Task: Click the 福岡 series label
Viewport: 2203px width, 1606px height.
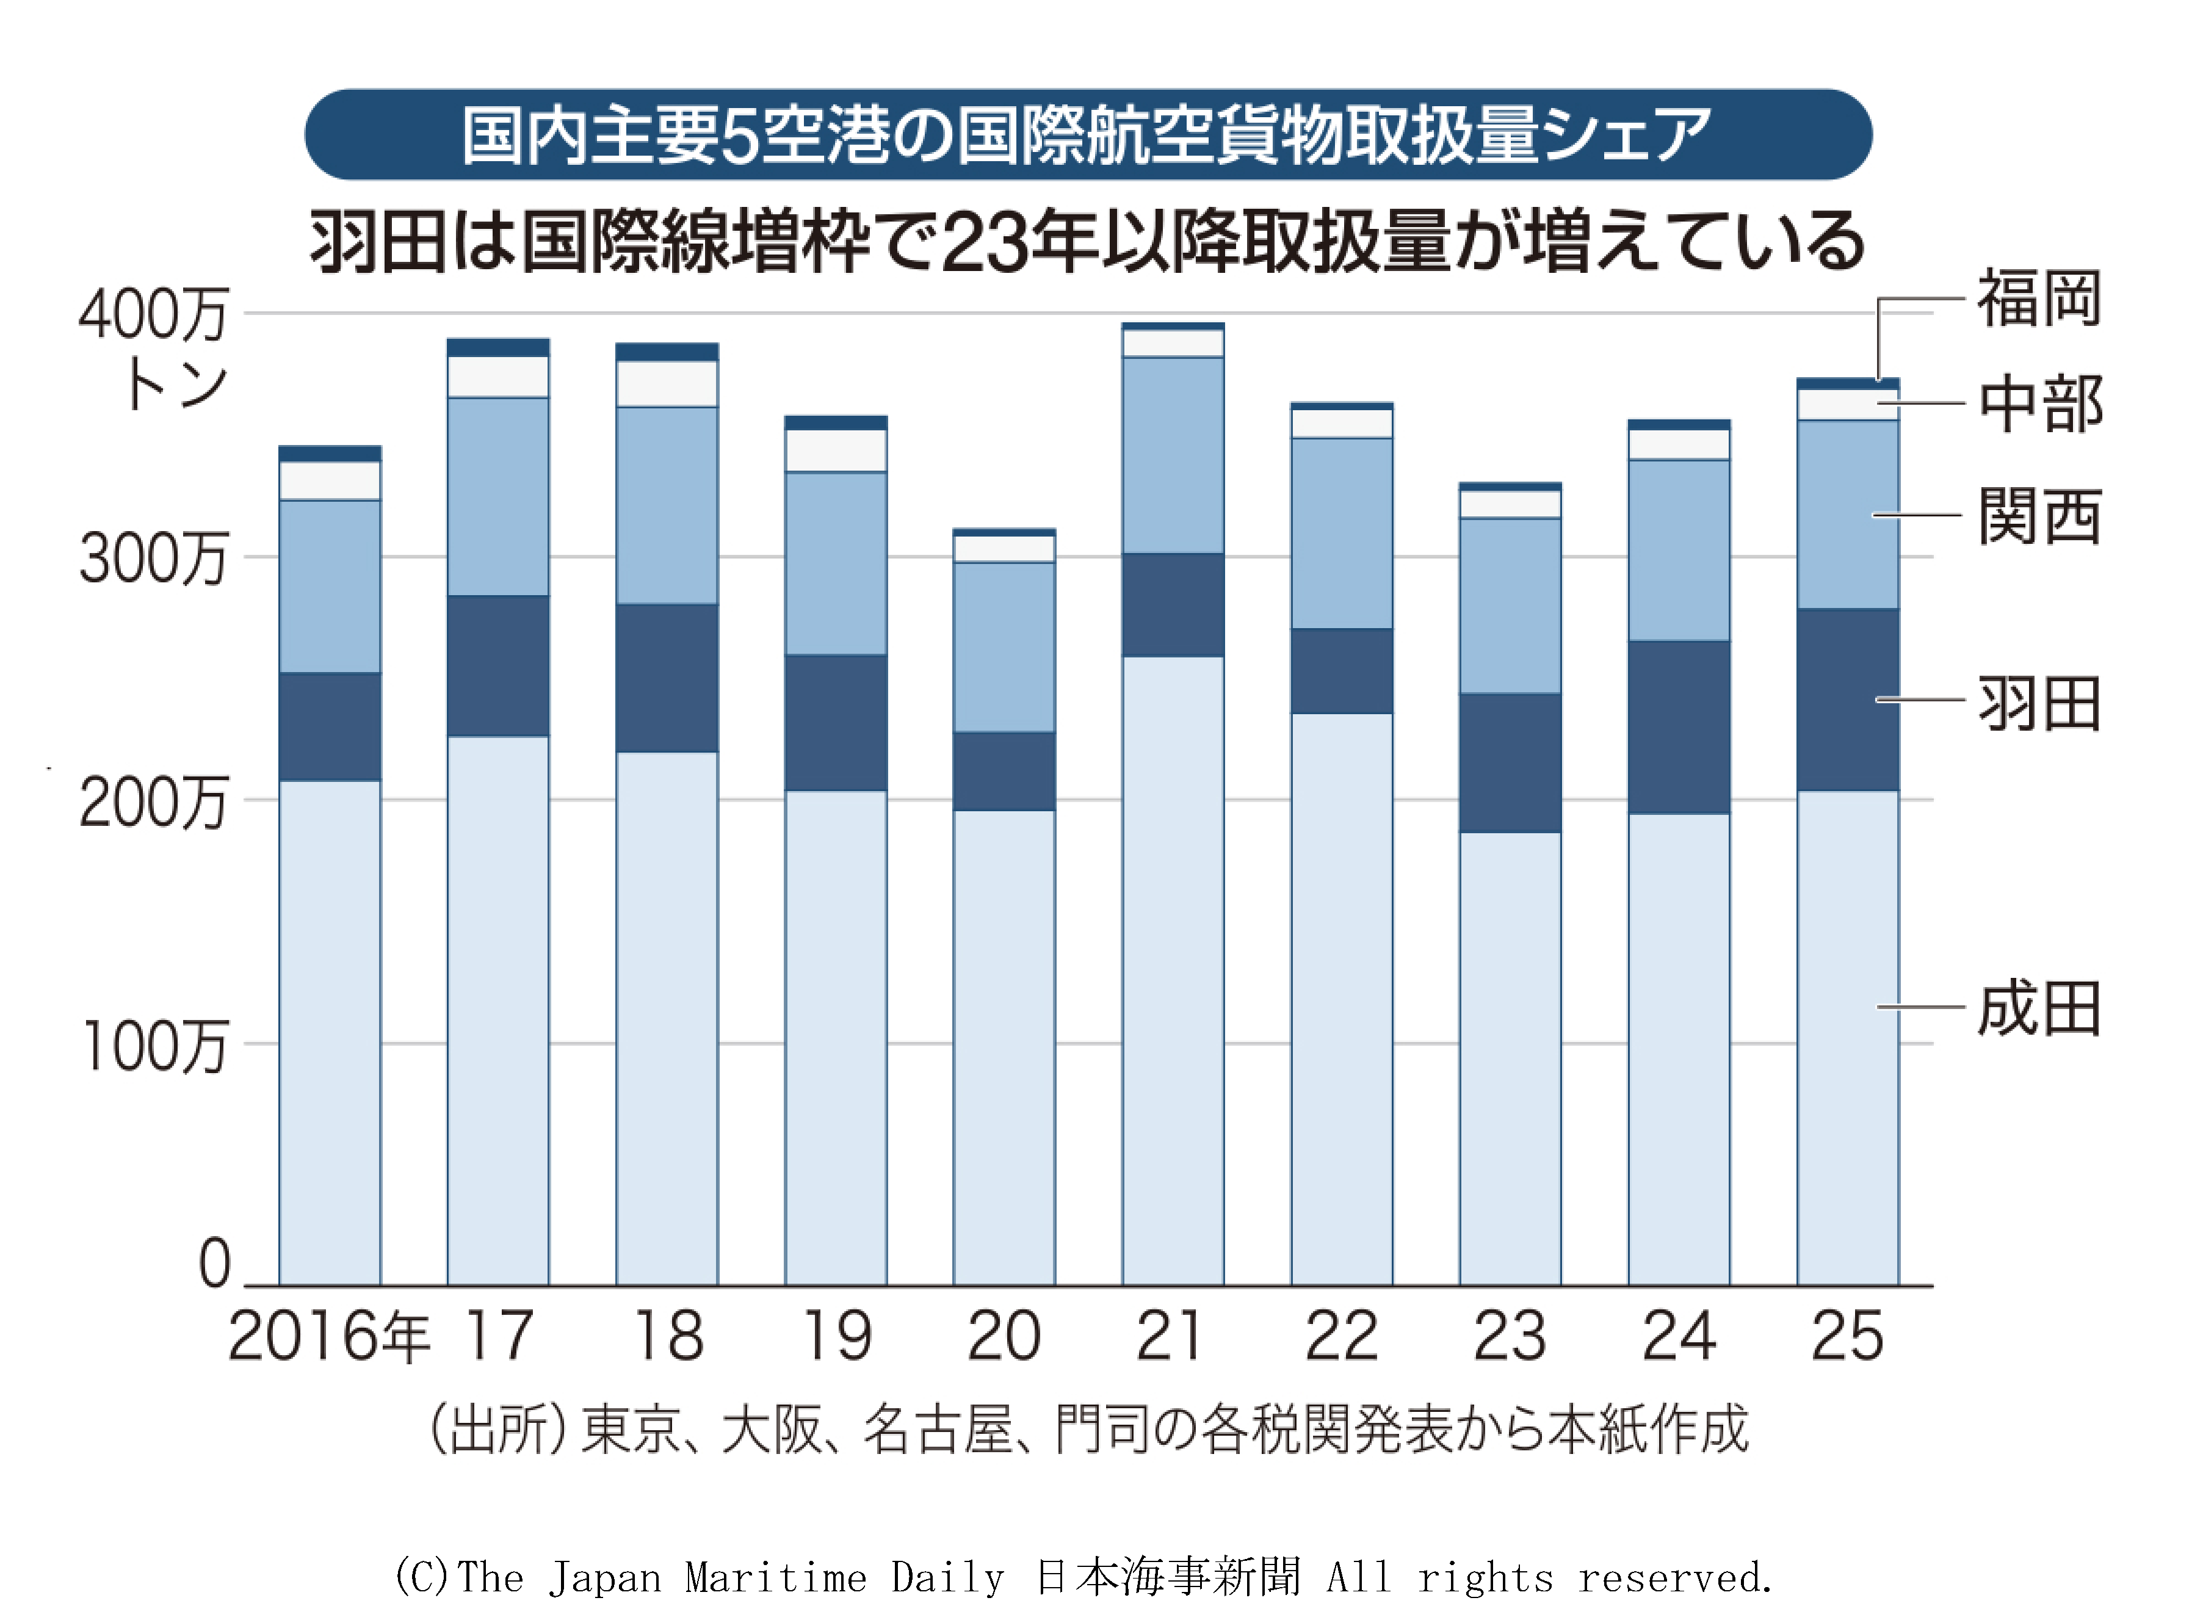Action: (x=2039, y=298)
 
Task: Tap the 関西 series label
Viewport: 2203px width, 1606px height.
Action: (x=2039, y=515)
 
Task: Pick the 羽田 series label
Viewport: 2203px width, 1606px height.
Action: (x=2039, y=703)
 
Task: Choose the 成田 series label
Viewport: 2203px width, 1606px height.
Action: (x=2039, y=1008)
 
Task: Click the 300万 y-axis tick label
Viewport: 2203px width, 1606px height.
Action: (x=153, y=559)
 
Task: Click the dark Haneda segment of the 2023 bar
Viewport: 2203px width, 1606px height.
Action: (x=1510, y=763)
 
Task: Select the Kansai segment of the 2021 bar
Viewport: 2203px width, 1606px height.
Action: (x=1173, y=455)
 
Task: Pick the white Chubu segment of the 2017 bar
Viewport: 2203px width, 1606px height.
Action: (x=497, y=377)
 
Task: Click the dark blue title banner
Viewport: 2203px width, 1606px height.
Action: (x=1088, y=134)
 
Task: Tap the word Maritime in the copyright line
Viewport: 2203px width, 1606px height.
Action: (x=775, y=1577)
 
